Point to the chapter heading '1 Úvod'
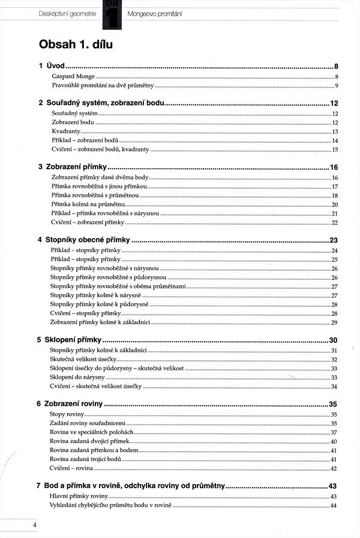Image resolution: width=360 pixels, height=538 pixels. coord(52,66)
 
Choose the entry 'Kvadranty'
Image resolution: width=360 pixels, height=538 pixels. coord(66,131)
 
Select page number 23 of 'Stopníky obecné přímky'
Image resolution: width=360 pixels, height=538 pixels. coord(335,240)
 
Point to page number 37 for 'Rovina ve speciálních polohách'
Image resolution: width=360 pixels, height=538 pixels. coord(334,432)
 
